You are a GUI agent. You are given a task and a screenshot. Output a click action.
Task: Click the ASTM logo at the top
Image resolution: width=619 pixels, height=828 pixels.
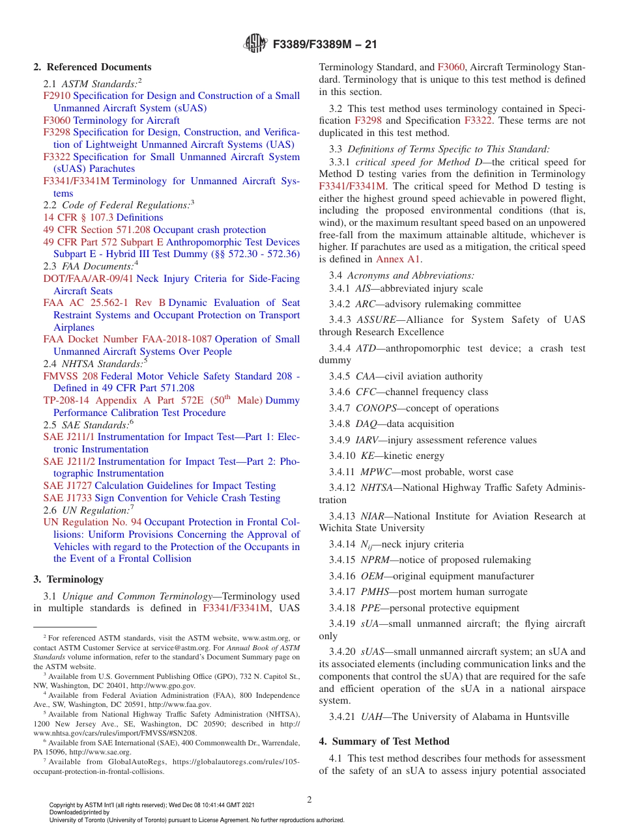[255, 44]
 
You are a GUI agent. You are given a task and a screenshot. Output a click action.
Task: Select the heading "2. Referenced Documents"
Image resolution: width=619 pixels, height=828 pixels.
[92, 67]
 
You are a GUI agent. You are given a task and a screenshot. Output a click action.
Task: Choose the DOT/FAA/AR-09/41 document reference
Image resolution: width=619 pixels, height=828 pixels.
[88, 279]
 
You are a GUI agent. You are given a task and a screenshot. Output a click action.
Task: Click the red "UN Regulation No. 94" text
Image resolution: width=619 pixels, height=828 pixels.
[93, 522]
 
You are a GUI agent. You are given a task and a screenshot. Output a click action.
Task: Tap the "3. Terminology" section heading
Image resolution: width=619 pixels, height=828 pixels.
[68, 579]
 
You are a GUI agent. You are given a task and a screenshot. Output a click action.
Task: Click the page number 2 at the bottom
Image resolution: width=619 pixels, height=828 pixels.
[309, 800]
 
